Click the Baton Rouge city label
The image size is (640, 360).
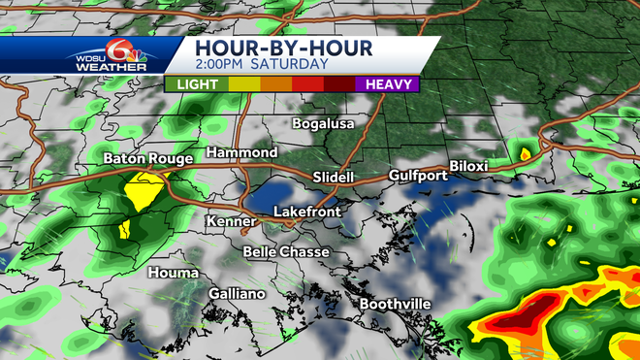click(148, 158)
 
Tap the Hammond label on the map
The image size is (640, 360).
click(242, 153)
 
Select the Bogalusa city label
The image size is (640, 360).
click(325, 123)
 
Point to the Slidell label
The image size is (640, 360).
click(336, 177)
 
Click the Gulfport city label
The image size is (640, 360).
click(415, 176)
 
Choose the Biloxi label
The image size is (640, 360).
click(469, 166)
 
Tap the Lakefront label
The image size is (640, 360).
click(304, 211)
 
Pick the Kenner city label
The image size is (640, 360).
click(230, 222)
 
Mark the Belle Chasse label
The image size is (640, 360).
click(286, 252)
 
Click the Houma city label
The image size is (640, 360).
click(174, 273)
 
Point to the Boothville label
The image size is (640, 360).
click(395, 305)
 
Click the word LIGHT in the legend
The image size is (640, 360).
click(197, 84)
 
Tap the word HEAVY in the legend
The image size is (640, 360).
click(386, 84)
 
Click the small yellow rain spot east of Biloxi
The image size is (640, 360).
click(525, 152)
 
